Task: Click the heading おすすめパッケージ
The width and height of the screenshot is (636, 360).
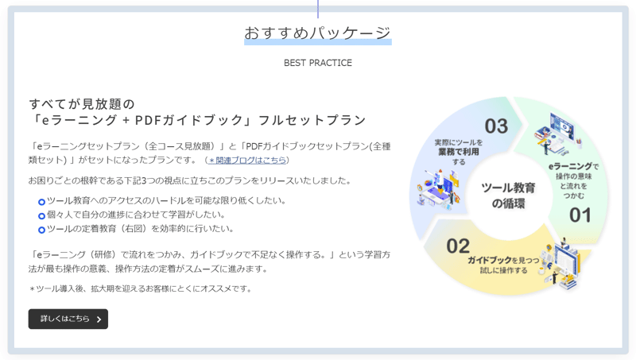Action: (x=317, y=33)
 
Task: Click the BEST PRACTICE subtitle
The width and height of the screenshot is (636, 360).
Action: (x=318, y=63)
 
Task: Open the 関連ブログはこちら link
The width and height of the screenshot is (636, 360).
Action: (x=247, y=161)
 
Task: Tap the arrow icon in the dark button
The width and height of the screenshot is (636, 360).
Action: (x=99, y=319)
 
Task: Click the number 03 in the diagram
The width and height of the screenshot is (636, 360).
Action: (x=496, y=126)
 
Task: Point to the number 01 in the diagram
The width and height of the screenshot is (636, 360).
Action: (x=580, y=215)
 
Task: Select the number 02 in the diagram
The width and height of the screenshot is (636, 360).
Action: (x=458, y=246)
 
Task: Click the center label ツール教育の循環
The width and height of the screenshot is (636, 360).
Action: (x=508, y=195)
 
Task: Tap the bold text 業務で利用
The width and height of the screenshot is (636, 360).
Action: (x=459, y=152)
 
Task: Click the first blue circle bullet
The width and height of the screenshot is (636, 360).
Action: (x=41, y=202)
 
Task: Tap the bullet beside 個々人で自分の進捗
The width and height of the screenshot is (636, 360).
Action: (x=41, y=215)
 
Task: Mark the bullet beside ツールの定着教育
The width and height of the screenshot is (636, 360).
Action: (x=41, y=230)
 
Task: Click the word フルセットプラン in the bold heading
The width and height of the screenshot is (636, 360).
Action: (x=312, y=120)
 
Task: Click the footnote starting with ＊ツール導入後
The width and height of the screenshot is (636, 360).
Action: (x=141, y=288)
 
